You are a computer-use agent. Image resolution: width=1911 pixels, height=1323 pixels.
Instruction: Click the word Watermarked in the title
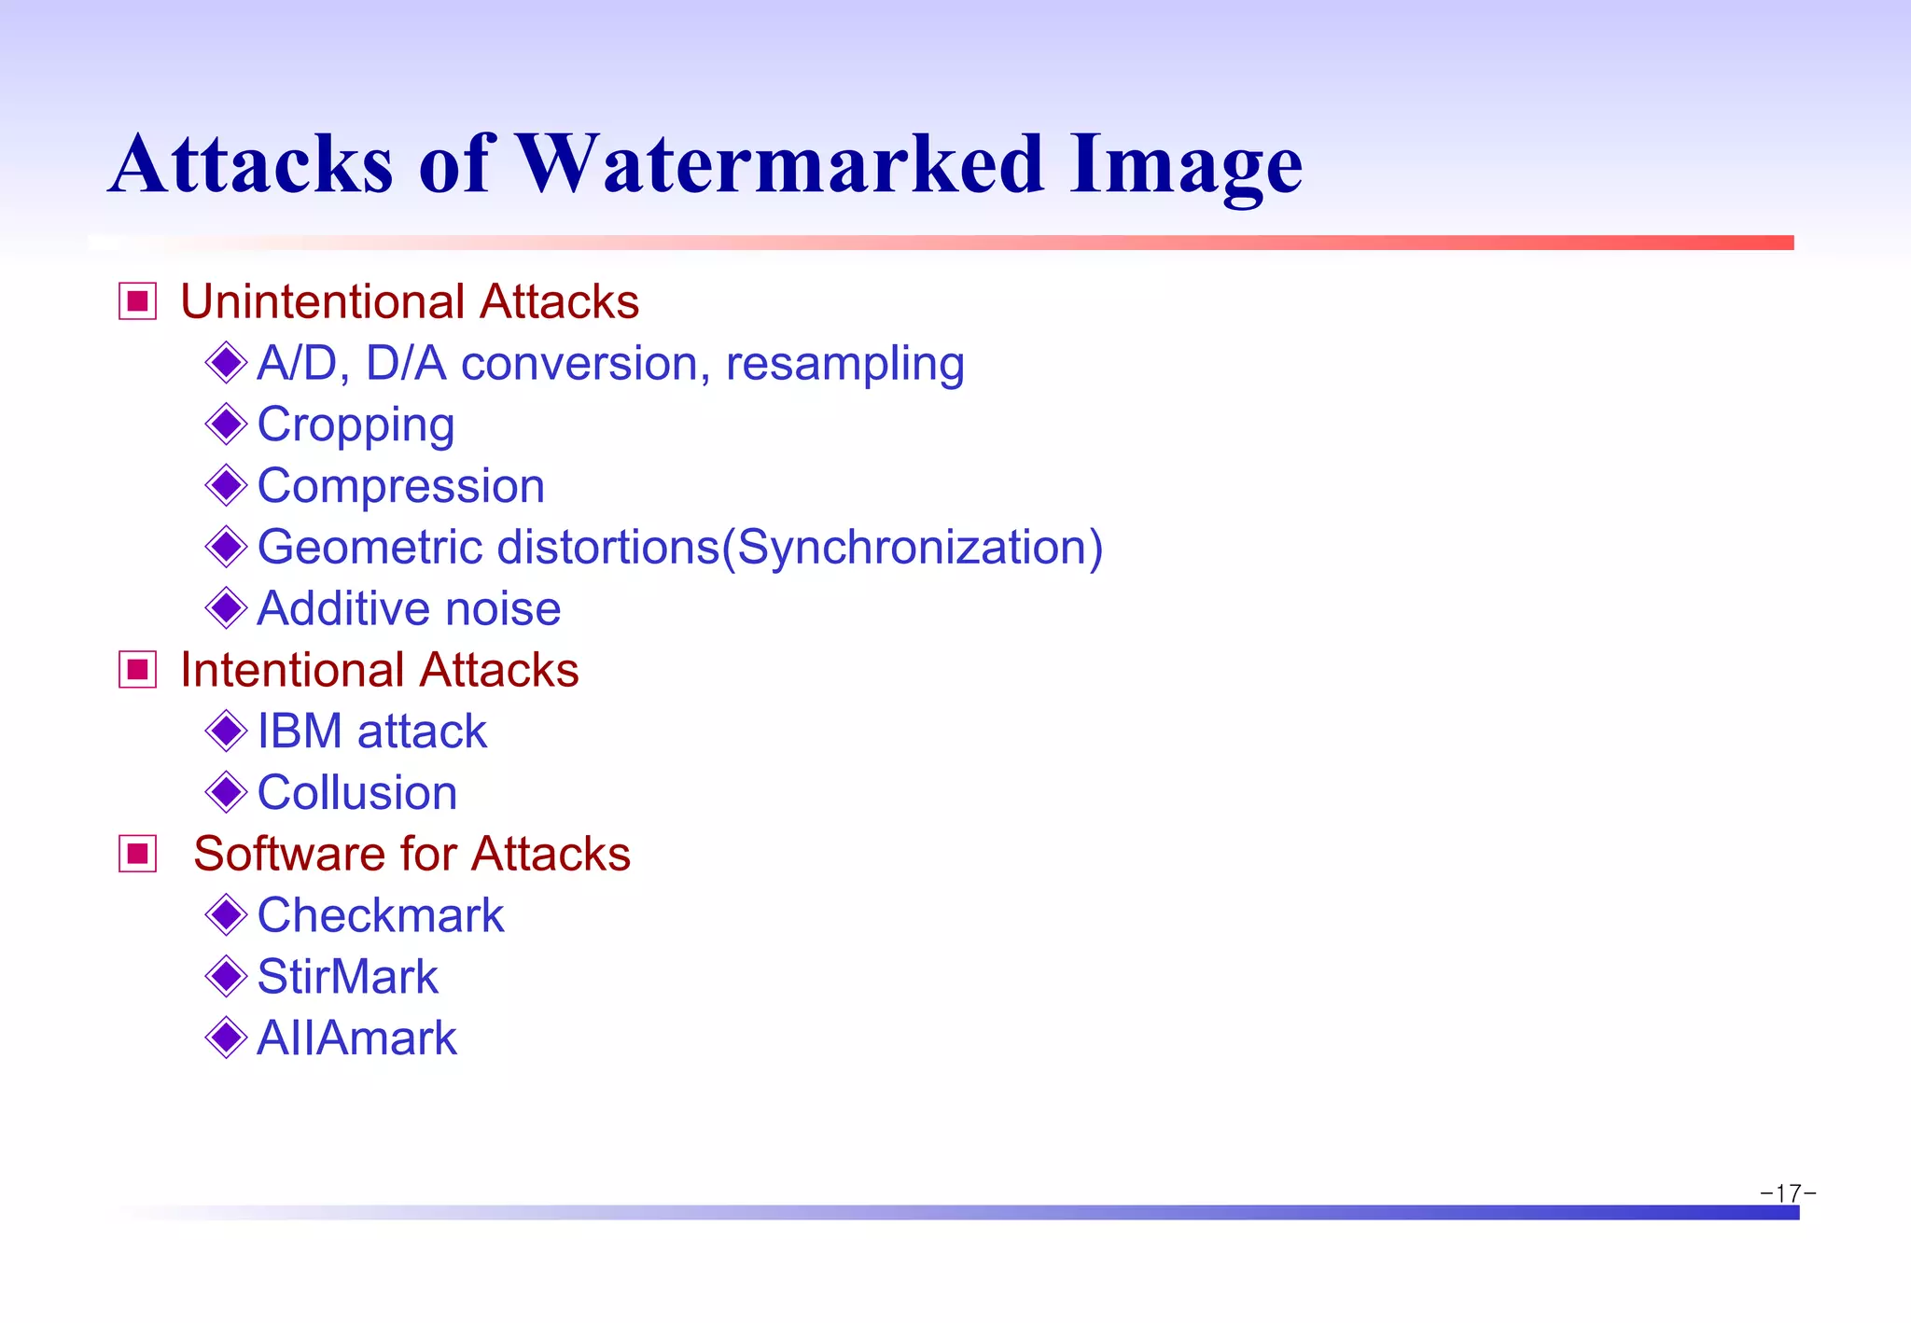(779, 164)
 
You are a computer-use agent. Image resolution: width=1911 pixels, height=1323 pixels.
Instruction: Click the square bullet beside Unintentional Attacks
(138, 301)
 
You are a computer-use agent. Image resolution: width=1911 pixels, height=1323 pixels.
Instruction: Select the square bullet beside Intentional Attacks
(138, 670)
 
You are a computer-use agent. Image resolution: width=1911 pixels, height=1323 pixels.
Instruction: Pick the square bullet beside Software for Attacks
(138, 854)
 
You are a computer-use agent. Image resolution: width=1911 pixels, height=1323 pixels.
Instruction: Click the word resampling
(844, 365)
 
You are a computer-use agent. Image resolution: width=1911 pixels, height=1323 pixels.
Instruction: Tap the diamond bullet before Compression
(226, 485)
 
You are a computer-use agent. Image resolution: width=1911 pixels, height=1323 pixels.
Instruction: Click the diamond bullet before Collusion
(226, 792)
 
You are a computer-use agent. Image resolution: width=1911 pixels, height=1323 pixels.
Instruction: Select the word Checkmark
(380, 915)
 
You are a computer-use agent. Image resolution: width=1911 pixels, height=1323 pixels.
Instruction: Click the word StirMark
(347, 977)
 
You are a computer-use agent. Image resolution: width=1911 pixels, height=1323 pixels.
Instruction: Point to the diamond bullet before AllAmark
(226, 1038)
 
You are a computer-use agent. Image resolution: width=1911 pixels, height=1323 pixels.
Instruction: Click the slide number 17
(1788, 1193)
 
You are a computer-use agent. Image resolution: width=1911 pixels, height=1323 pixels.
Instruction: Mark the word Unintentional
(322, 302)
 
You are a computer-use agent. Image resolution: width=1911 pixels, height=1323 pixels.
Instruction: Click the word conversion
(579, 364)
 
